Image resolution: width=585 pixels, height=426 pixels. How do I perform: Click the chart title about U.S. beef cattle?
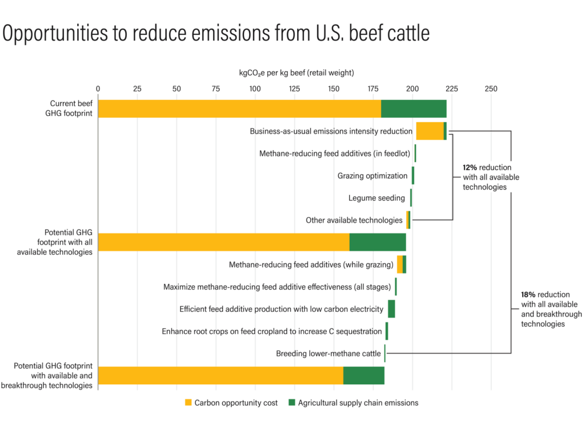[216, 34]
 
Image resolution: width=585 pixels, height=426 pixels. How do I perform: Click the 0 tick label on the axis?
[98, 89]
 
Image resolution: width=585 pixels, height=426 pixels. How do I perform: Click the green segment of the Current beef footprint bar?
[414, 108]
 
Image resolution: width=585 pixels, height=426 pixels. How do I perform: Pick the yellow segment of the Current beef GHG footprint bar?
[239, 108]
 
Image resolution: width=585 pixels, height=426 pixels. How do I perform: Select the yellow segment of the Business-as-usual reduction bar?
[430, 131]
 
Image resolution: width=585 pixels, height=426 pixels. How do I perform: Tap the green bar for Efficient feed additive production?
[391, 309]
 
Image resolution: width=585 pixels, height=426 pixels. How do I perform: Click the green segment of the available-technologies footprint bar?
[378, 242]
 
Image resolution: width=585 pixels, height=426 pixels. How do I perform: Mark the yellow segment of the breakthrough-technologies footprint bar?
[221, 375]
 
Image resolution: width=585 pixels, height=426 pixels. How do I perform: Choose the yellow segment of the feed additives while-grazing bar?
[400, 264]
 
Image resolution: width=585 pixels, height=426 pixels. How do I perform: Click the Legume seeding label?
[376, 198]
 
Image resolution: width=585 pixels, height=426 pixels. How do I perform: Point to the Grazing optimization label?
[372, 176]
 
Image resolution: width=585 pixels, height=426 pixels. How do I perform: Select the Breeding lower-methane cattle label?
[328, 353]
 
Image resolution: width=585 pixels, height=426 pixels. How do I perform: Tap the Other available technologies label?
[354, 220]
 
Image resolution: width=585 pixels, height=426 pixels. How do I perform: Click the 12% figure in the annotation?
[470, 168]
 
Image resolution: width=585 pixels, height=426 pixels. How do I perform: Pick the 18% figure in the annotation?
[528, 295]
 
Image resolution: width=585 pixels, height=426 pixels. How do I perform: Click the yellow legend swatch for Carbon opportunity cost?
[188, 403]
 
